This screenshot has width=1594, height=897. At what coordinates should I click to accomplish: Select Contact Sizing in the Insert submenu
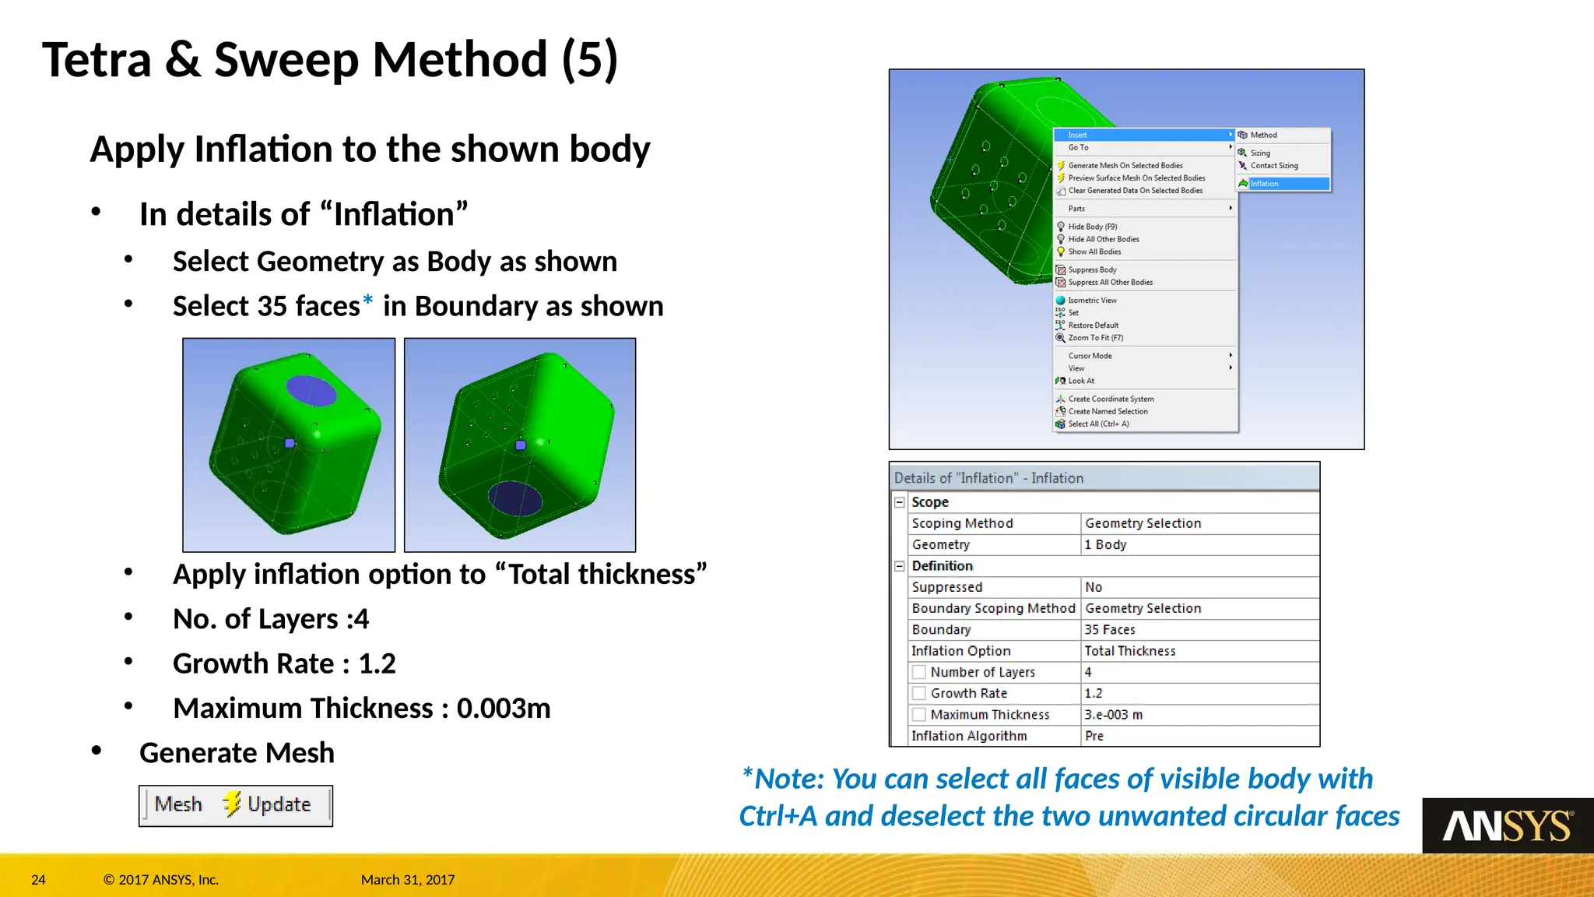(x=1273, y=166)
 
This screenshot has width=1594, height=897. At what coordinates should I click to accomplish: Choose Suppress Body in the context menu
(x=1092, y=270)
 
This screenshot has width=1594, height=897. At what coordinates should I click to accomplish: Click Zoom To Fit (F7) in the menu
(x=1095, y=338)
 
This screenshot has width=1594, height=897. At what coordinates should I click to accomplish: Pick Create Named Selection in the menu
(x=1107, y=411)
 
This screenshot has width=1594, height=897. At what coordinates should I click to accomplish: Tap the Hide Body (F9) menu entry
(x=1092, y=227)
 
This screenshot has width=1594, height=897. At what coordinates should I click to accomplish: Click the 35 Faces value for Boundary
(x=1110, y=629)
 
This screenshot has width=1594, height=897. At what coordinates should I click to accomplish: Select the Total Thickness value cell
(x=1129, y=651)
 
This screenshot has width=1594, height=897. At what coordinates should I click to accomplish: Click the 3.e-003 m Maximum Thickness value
(x=1113, y=715)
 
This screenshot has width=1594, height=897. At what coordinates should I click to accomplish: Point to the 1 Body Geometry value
(x=1105, y=545)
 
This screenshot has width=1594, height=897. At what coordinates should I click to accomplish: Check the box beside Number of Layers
(x=919, y=672)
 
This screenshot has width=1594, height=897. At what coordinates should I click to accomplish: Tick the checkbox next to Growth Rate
(x=919, y=693)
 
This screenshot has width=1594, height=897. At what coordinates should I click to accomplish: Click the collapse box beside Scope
(x=900, y=502)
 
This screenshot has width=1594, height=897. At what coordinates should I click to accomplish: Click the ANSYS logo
(x=1507, y=826)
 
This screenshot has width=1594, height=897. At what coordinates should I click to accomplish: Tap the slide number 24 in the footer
(x=38, y=880)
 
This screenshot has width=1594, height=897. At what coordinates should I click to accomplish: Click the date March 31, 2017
(x=407, y=880)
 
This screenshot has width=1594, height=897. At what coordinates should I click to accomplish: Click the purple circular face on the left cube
(x=311, y=390)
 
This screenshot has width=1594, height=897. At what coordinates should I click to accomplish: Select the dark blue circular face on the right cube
(x=514, y=499)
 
